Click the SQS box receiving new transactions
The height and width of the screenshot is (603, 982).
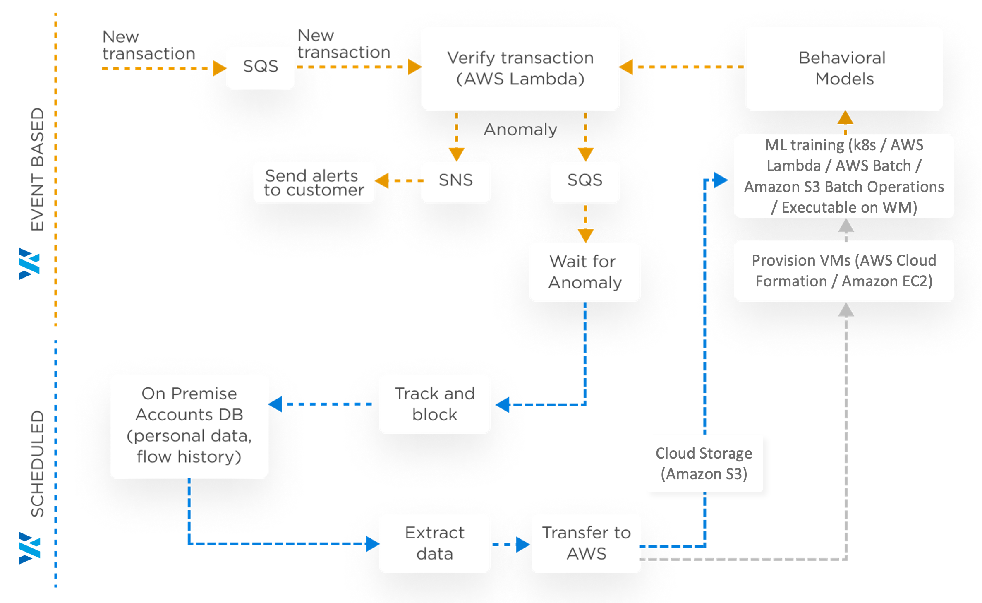(x=261, y=67)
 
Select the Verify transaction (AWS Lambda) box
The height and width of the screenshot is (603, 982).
(x=520, y=68)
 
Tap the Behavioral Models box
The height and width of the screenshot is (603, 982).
(x=844, y=68)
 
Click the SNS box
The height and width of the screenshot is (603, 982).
(x=455, y=181)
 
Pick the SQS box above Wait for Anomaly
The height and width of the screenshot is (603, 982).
(x=584, y=181)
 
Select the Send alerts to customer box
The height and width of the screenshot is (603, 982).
(x=314, y=182)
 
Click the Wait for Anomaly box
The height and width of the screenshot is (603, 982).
(x=584, y=272)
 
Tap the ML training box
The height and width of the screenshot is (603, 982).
(x=844, y=176)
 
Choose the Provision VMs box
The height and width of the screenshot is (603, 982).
(x=844, y=271)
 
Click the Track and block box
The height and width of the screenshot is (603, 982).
(x=434, y=404)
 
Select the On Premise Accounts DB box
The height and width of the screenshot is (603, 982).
(x=189, y=426)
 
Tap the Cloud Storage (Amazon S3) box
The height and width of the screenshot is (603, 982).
(x=704, y=463)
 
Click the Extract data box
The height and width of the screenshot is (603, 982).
(x=434, y=543)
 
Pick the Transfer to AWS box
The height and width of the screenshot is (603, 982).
(x=586, y=543)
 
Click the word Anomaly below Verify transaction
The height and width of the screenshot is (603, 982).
(x=520, y=130)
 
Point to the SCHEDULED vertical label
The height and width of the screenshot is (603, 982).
(x=37, y=464)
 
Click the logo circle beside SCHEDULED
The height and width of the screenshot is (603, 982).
(x=27, y=548)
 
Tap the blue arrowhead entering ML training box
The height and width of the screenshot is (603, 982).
(x=721, y=180)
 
